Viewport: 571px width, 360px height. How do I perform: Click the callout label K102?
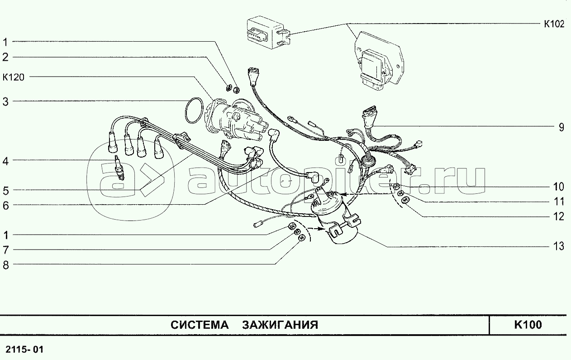(x=554, y=24)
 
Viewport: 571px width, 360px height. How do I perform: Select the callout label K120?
(x=14, y=77)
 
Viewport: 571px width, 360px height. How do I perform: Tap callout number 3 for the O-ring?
(x=5, y=101)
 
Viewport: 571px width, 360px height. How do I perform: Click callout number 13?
(x=558, y=246)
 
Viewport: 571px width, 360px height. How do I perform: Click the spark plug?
(x=119, y=168)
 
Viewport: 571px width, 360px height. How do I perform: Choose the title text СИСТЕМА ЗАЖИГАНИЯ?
(x=244, y=325)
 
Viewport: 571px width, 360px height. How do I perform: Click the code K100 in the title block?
(x=528, y=325)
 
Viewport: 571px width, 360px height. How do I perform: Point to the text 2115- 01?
(x=24, y=349)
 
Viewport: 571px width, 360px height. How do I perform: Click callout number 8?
(x=5, y=265)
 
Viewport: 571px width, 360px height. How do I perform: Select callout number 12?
(x=558, y=216)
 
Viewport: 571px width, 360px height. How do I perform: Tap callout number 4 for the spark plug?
(x=5, y=161)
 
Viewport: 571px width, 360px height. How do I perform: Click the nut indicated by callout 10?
(x=396, y=186)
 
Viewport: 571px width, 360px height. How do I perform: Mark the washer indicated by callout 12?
(x=404, y=201)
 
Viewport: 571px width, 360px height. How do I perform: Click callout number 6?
(x=5, y=206)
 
